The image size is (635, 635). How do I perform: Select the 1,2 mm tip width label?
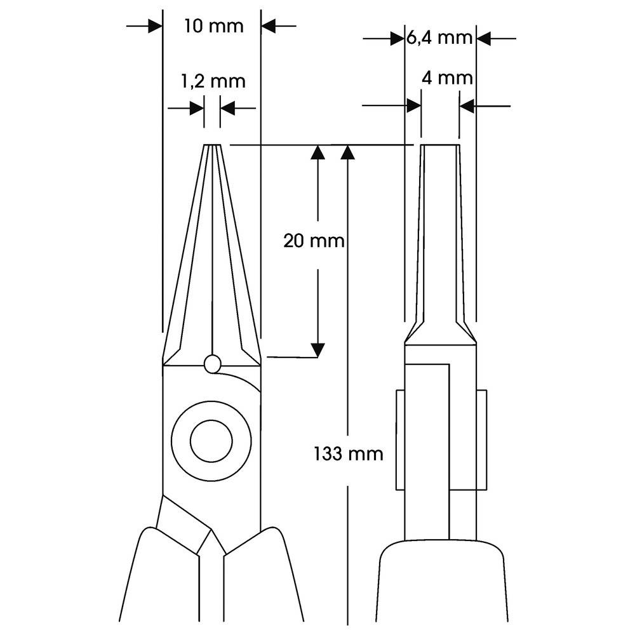click(213, 81)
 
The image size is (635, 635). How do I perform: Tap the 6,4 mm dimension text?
click(439, 38)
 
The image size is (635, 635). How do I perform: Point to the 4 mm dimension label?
click(447, 78)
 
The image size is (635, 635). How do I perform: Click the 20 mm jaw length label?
click(314, 241)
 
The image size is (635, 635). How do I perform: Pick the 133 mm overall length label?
click(349, 453)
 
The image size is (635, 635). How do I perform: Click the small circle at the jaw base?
click(213, 364)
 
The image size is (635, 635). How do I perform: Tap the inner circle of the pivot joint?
click(212, 440)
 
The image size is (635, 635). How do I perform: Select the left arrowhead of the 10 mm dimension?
click(154, 26)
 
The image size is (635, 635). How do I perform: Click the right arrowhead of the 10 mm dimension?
click(269, 26)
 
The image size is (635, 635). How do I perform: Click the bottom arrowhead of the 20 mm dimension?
click(317, 349)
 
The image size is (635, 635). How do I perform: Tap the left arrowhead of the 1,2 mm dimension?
click(197, 109)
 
